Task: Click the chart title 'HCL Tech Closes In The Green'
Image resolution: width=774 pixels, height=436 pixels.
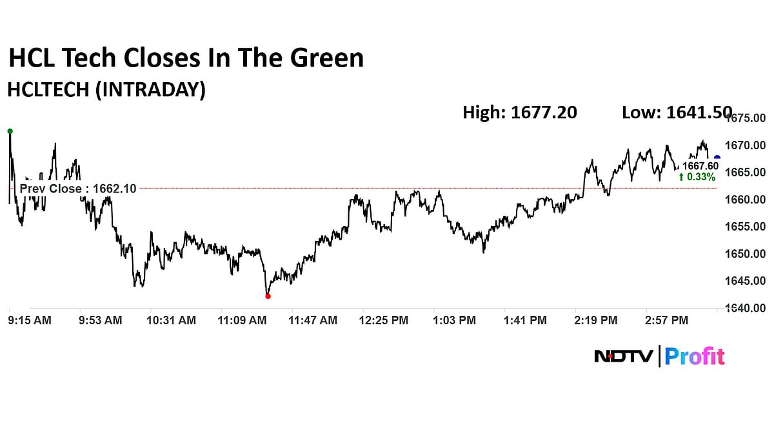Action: (186, 58)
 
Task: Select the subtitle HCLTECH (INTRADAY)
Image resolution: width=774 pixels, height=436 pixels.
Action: (106, 90)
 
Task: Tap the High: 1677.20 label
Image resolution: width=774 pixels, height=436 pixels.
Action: (519, 112)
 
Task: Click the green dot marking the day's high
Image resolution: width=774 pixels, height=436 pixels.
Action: (10, 131)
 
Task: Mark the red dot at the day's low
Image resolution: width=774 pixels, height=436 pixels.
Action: (268, 296)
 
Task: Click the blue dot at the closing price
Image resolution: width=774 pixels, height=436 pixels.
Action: (717, 158)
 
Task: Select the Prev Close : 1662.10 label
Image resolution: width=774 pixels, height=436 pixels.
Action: (78, 189)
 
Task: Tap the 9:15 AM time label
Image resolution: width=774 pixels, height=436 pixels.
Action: (30, 320)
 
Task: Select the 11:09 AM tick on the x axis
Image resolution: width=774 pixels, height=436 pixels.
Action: (243, 320)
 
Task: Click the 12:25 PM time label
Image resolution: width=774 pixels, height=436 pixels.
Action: (384, 320)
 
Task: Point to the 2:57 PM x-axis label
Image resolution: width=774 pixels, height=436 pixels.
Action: (667, 320)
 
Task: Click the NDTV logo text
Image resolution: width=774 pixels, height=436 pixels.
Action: (624, 356)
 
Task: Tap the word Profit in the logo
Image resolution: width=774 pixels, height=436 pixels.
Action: (695, 356)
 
